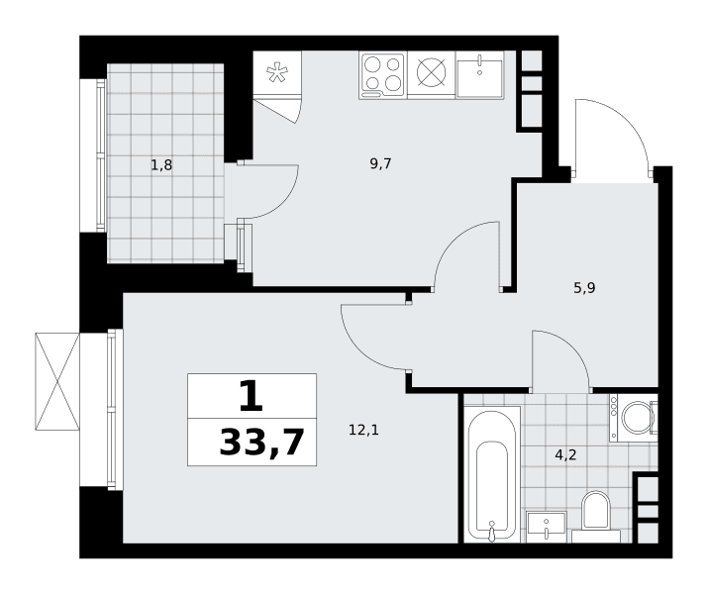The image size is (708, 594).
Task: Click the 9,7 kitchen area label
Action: point(380,164)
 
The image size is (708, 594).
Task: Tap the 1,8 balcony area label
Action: point(161,165)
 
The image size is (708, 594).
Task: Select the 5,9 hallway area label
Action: point(585,287)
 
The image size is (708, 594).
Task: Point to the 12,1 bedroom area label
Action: point(363,430)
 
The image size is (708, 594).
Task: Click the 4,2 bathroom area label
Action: point(565,455)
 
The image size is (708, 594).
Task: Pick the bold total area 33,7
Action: point(261,444)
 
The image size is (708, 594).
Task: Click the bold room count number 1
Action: point(252,396)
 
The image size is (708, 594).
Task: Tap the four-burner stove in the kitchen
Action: point(383,75)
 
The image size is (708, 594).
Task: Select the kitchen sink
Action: point(479,75)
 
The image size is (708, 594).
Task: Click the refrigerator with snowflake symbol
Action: point(277,72)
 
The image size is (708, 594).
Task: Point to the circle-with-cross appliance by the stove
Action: point(431,72)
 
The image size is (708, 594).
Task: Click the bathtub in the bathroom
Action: point(492,474)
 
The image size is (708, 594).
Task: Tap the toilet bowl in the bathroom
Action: point(595,510)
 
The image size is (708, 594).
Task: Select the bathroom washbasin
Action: point(546,527)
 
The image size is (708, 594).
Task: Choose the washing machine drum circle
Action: point(637,418)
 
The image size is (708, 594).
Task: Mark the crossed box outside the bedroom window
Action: point(57,381)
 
